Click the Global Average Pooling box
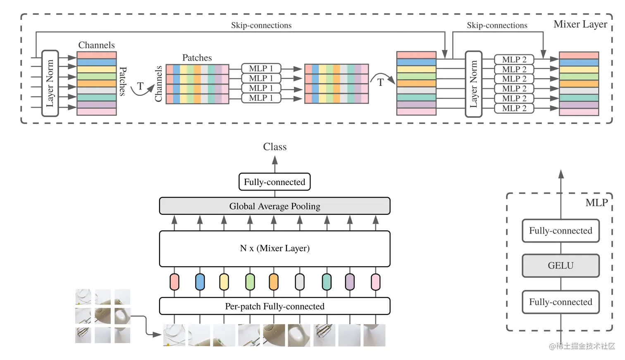pos(274,206)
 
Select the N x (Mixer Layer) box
pos(274,248)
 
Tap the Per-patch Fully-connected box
pos(274,306)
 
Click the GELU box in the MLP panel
pos(561,265)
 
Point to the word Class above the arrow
pos(274,147)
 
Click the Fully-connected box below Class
pos(274,182)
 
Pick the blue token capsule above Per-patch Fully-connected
pos(200,282)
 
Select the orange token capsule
pos(274,282)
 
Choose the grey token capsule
pos(300,282)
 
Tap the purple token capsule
pos(350,282)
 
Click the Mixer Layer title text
pos(580,24)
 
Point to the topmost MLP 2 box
pos(514,60)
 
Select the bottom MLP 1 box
pos(261,98)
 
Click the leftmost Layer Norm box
pos(50,83)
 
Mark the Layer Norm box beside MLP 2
pos(473,84)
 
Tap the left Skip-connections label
pos(261,25)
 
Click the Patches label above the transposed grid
pos(197,58)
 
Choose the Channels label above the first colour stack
pos(97,45)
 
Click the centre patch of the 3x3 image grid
pos(103,316)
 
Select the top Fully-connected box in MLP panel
pos(561,231)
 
